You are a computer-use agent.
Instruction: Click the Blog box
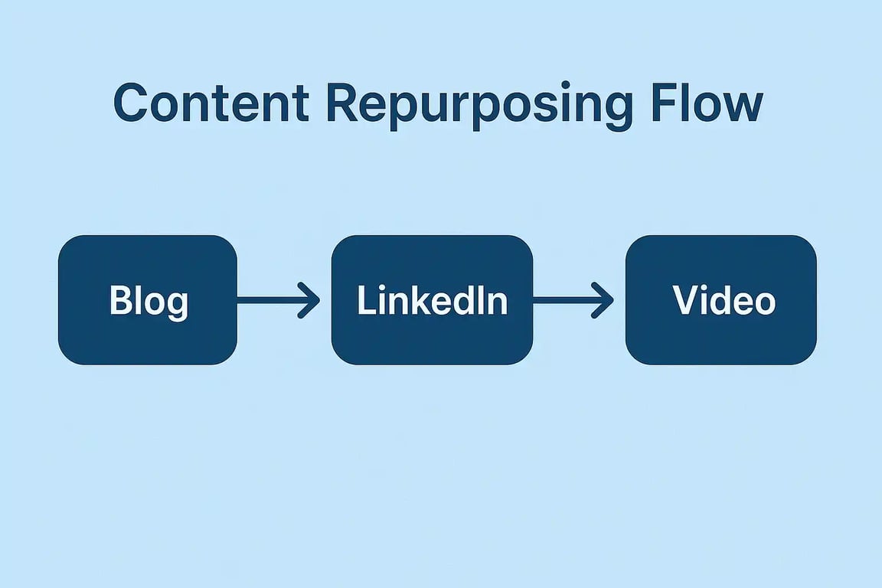click(x=148, y=300)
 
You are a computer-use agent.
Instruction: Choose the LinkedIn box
click(x=432, y=300)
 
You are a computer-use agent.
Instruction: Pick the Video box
click(x=720, y=300)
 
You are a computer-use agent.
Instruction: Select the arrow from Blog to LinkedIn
click(x=278, y=300)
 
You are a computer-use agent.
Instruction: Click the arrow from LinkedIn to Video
click(x=573, y=300)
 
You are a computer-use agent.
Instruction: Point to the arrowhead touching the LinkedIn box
click(x=310, y=300)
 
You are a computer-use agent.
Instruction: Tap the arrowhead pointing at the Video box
click(x=605, y=300)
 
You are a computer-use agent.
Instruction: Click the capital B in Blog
click(x=119, y=300)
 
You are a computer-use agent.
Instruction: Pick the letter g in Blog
click(x=176, y=305)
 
